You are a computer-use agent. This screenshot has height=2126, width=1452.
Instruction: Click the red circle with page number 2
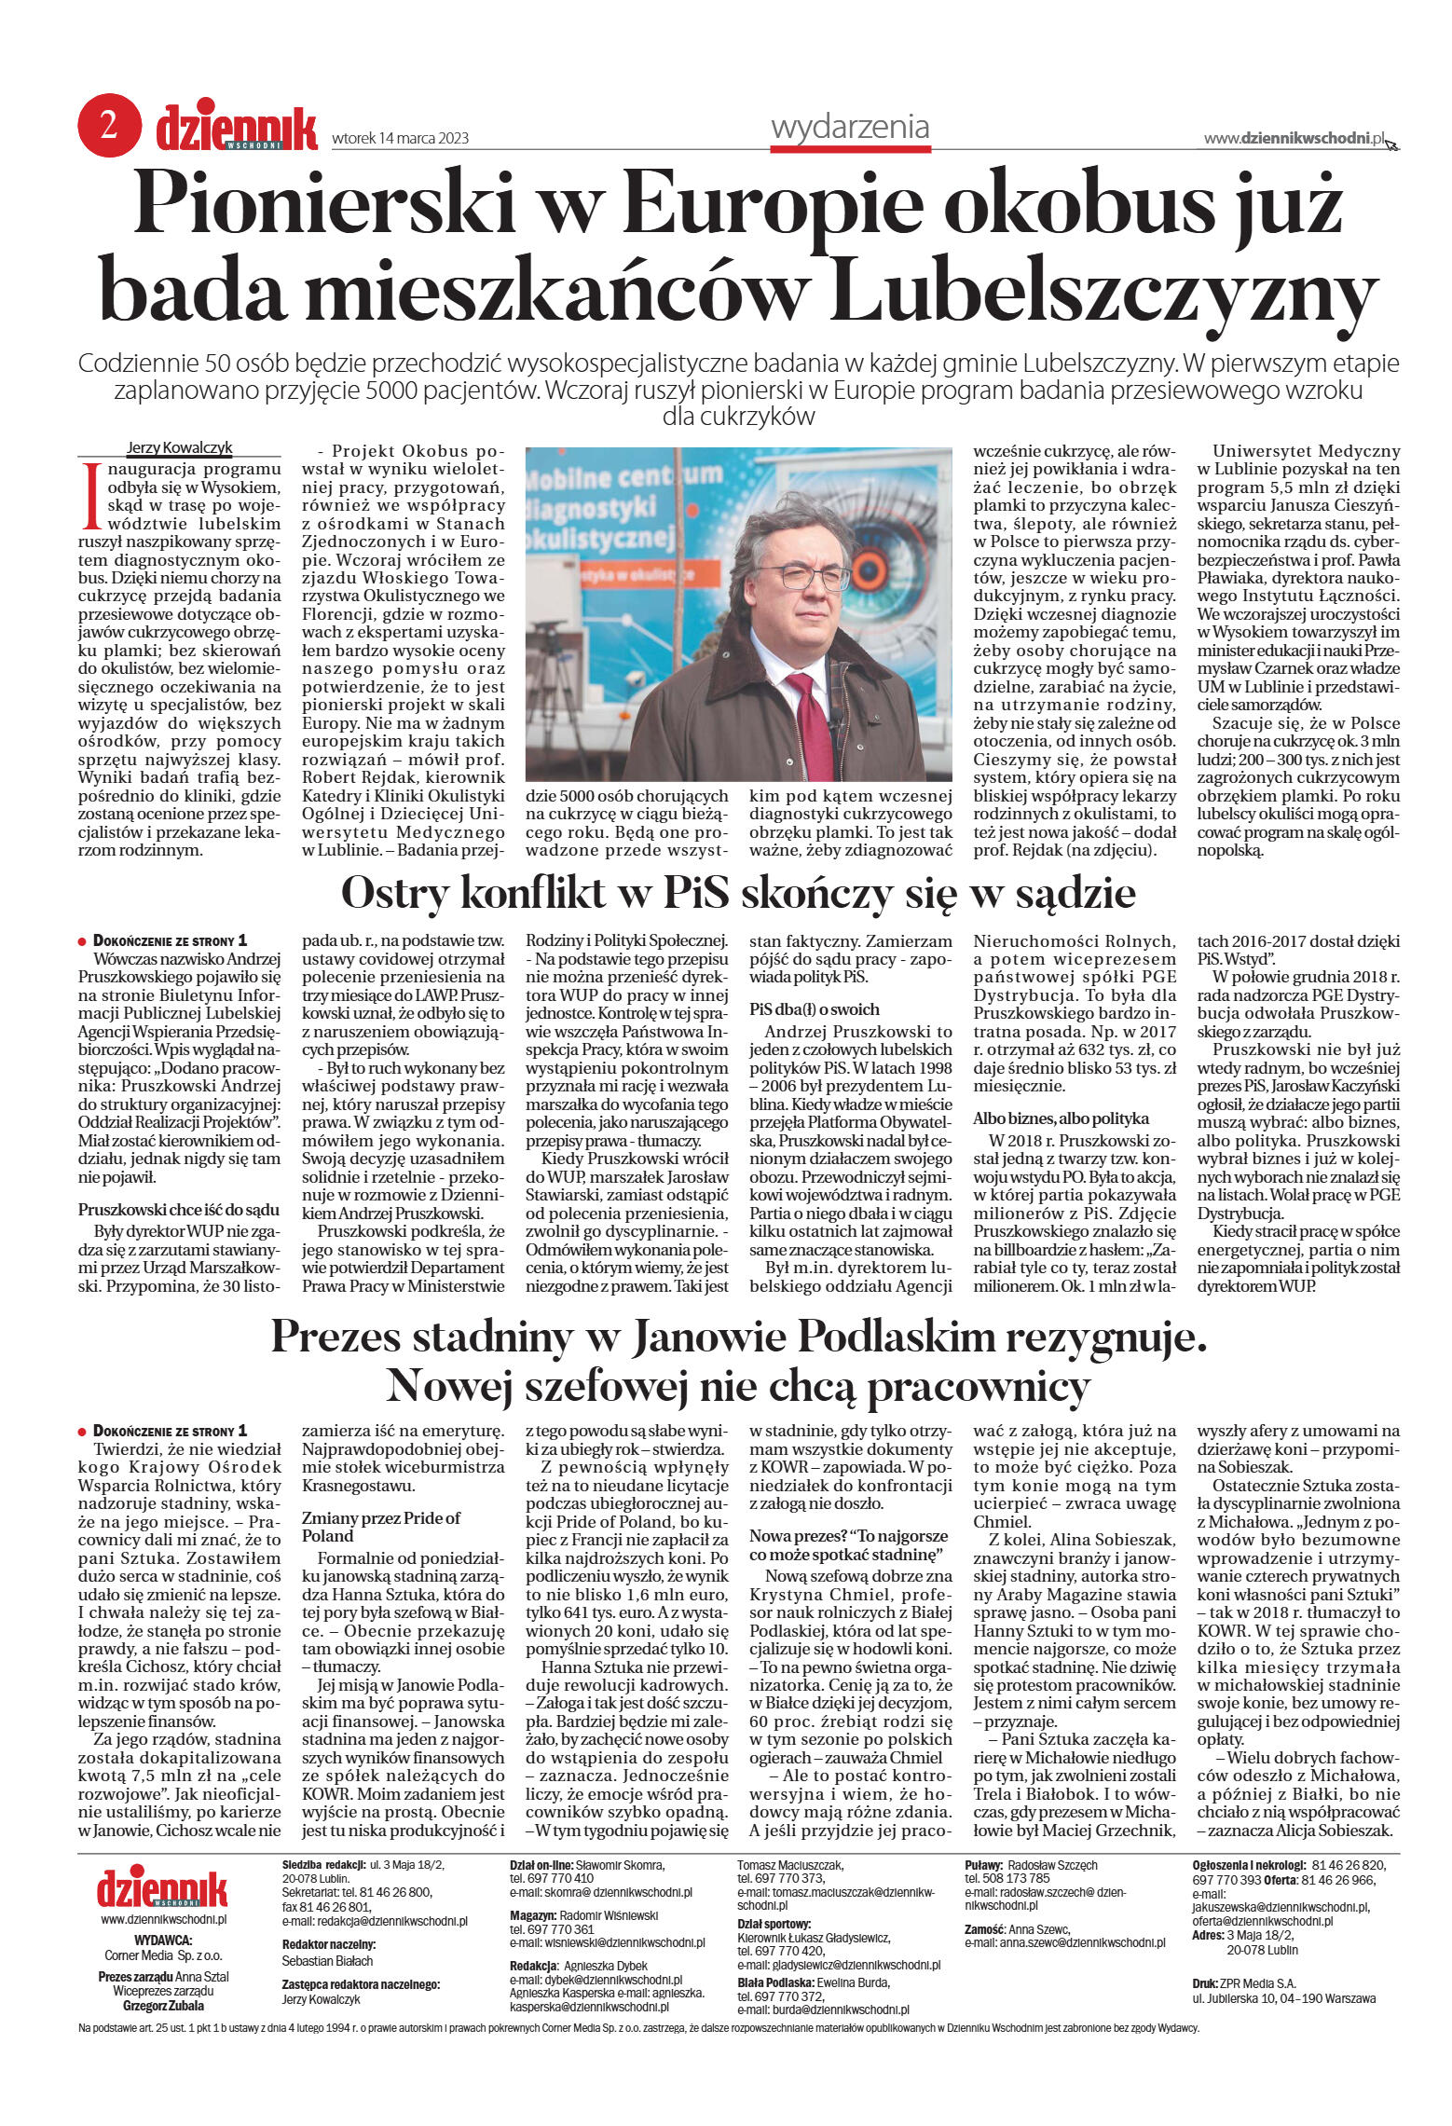(x=109, y=126)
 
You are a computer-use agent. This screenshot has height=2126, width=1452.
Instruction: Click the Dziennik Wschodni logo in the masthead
(x=237, y=130)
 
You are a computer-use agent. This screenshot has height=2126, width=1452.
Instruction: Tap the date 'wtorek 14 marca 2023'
(x=400, y=139)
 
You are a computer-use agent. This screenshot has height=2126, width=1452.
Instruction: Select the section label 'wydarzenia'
(x=850, y=126)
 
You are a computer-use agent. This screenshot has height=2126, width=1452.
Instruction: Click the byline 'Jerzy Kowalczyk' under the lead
(x=179, y=447)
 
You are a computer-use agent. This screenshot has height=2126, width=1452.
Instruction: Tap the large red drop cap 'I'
(x=90, y=495)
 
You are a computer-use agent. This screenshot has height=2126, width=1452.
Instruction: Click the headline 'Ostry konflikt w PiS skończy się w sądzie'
(x=737, y=893)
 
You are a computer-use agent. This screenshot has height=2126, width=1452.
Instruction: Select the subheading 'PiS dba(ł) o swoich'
(x=814, y=1009)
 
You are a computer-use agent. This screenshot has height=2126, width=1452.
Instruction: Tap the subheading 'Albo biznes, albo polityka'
(x=1061, y=1118)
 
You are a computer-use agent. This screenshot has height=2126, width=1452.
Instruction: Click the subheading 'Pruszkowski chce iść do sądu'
(x=178, y=1210)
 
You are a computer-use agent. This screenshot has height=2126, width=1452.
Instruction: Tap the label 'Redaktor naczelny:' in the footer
(x=328, y=1944)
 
